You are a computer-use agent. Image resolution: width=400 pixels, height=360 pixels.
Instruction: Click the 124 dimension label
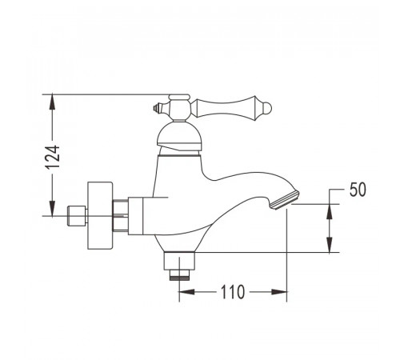tap(52, 157)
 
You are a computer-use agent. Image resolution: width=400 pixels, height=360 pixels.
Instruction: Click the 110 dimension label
tap(233, 292)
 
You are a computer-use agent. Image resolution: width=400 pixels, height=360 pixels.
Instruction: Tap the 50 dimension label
tap(358, 190)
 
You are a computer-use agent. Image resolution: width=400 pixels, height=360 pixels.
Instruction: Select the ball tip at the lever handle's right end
tap(267, 108)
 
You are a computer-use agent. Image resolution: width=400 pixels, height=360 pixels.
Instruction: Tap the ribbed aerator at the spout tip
tap(284, 200)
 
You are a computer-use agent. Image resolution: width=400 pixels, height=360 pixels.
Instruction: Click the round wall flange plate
tap(100, 216)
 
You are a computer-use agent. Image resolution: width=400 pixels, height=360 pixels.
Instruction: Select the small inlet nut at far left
tap(77, 216)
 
